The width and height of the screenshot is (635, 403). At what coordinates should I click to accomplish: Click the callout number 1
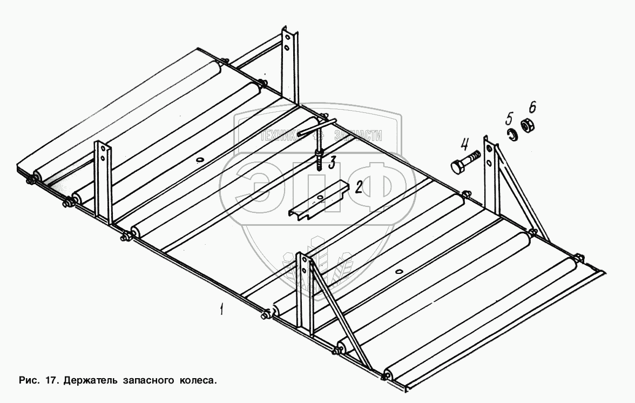coord(220,310)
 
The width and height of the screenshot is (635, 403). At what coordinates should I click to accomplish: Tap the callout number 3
coord(333,160)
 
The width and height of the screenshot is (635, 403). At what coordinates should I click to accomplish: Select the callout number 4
coord(465,144)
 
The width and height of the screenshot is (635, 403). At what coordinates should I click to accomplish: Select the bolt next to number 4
coord(464,162)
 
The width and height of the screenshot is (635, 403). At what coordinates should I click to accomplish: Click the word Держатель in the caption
coord(88,380)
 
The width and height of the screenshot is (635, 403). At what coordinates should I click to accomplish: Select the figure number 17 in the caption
coord(51,380)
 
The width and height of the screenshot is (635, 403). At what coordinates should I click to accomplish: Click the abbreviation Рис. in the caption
coord(28,380)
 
